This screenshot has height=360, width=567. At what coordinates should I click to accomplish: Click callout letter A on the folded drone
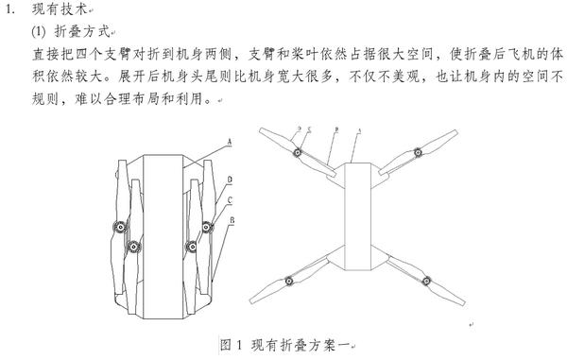229,143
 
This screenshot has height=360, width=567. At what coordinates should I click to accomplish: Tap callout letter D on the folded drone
230,180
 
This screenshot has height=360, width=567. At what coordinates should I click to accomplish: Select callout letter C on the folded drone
230,200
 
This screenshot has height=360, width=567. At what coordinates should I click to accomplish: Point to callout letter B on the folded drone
232,220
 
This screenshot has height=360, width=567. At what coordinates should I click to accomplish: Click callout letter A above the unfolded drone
359,130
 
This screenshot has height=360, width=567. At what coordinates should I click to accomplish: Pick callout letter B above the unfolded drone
336,129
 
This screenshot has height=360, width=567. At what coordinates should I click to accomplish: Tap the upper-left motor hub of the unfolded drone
298,152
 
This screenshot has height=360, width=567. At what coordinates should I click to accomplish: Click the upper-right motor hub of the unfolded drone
418,152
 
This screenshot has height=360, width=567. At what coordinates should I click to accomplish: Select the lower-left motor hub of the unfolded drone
288,281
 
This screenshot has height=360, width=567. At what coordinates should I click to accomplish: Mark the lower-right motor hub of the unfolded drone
427,281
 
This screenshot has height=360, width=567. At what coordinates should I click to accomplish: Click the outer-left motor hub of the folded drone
120,227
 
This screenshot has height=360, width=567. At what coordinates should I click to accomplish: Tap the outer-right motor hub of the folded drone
206,227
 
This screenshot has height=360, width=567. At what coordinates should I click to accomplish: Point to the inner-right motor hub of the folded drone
192,247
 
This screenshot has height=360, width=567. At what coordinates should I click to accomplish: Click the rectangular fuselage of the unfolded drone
358,216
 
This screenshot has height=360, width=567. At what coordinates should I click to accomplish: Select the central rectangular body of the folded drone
163,237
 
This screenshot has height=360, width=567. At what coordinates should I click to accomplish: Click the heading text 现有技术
60,9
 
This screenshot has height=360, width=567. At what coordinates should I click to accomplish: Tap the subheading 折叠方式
82,32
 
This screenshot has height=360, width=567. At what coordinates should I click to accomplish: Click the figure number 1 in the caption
239,345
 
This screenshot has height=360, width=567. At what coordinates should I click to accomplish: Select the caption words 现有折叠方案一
301,345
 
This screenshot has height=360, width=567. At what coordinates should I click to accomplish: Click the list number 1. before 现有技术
10,9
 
